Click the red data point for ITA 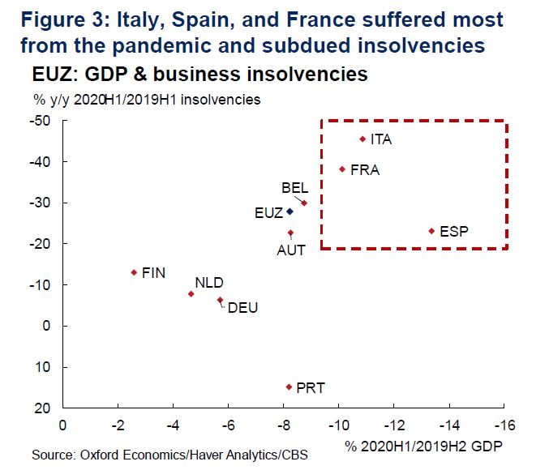click(x=362, y=139)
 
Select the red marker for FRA click(x=342, y=169)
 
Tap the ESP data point click(x=431, y=231)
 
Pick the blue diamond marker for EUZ click(x=290, y=212)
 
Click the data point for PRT click(x=288, y=387)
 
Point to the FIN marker click(x=134, y=272)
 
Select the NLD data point click(x=191, y=293)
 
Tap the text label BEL click(x=294, y=188)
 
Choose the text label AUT click(x=291, y=250)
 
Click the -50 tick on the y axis click(x=41, y=121)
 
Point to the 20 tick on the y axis click(x=45, y=408)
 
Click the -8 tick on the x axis click(x=283, y=424)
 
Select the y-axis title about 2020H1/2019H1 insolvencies click(x=147, y=100)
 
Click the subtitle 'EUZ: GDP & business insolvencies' click(x=199, y=75)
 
